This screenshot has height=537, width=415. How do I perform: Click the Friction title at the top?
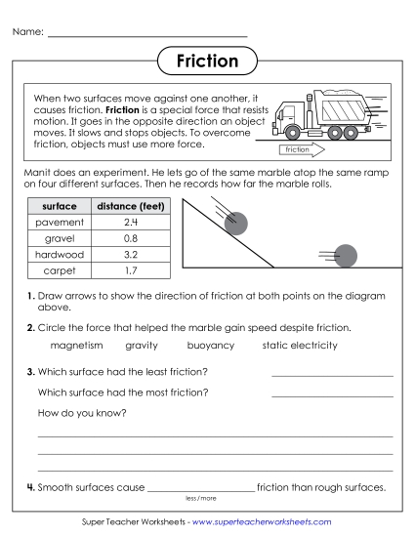click(x=207, y=62)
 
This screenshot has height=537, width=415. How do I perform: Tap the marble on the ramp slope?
click(x=236, y=225)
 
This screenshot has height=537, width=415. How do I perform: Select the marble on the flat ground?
click(x=346, y=256)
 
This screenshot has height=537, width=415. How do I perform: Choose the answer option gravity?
click(x=142, y=345)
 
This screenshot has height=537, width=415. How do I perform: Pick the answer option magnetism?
click(x=76, y=345)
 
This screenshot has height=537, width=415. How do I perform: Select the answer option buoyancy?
click(x=210, y=345)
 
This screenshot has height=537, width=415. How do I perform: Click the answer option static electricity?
click(x=300, y=345)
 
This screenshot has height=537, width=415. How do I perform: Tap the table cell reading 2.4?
click(x=130, y=222)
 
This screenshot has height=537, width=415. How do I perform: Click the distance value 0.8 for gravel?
click(x=130, y=237)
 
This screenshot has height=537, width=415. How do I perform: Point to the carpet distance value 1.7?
click(x=130, y=268)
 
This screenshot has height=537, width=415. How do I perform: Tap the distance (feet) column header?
click(x=130, y=206)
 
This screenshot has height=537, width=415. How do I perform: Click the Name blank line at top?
click(x=146, y=35)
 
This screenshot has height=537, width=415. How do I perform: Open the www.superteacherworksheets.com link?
click(x=262, y=522)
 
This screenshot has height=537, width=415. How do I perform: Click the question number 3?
click(x=31, y=372)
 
